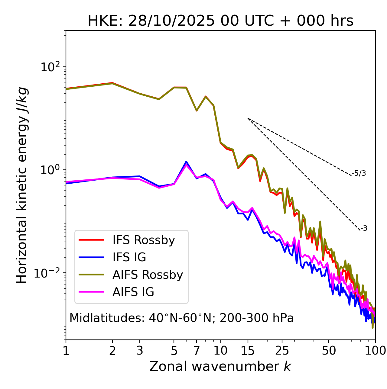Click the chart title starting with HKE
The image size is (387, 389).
coord(220,21)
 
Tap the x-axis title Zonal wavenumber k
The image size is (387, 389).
coord(220,366)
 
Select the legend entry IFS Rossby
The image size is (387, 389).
coord(144,240)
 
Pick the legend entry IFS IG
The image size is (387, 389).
coord(129,257)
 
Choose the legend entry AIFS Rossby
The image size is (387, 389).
coord(148,275)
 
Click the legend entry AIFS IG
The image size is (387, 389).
coord(133,292)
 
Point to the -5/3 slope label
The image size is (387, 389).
coord(359,173)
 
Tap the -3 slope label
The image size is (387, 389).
coord(364,228)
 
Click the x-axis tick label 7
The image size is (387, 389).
coord(197,351)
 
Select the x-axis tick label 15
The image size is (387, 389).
coord(248,351)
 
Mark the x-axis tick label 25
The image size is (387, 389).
coord(282,351)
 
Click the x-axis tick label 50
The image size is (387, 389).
coord(329,351)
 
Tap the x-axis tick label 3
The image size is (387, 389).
coord(140,351)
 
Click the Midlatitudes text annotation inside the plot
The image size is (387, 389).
coord(181,318)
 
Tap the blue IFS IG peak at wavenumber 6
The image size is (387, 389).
coord(186,162)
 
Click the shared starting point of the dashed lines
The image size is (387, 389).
coord(248,118)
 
